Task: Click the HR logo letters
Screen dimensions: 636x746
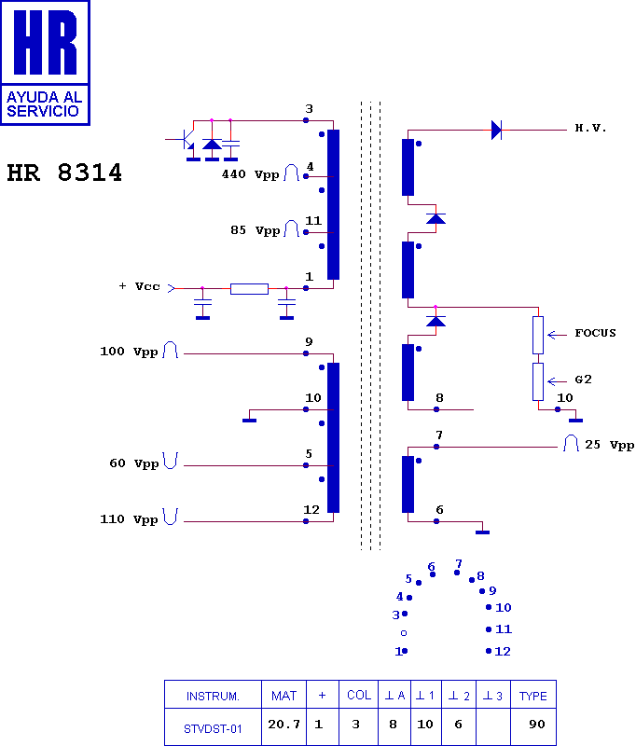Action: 45,42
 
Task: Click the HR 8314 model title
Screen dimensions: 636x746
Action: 64,173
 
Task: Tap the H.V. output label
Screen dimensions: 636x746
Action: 590,128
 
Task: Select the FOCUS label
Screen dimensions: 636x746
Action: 595,333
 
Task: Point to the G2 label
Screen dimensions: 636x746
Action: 583,380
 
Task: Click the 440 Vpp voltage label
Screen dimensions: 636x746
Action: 250,174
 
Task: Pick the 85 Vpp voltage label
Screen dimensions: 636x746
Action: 255,230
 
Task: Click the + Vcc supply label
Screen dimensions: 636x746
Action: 139,286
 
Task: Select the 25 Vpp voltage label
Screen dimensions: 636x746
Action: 609,445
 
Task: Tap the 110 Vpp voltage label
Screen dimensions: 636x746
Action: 129,519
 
